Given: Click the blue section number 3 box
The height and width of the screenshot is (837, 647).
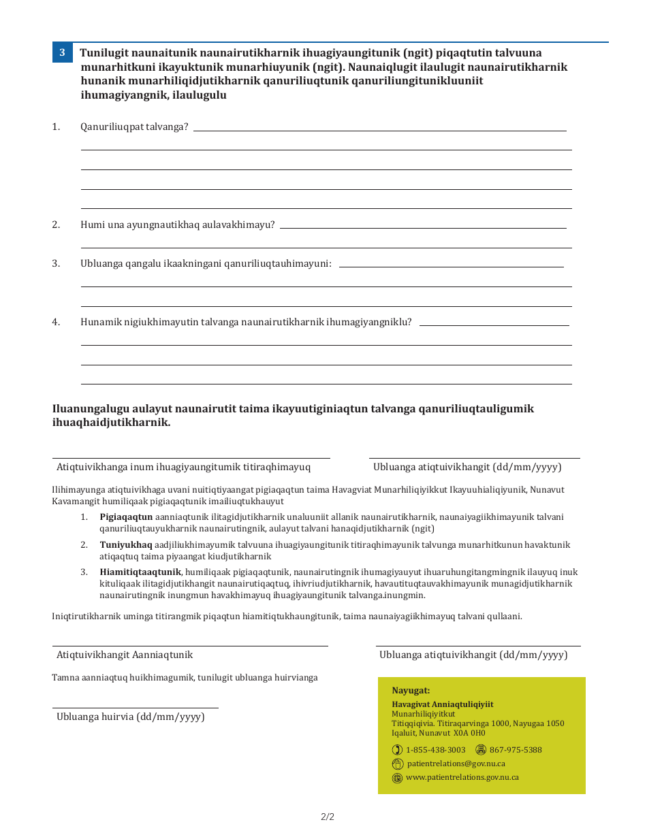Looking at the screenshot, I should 62,52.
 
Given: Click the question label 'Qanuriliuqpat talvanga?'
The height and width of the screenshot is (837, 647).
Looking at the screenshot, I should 134,127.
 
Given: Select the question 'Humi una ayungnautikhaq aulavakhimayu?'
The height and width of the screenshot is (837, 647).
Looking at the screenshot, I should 177,225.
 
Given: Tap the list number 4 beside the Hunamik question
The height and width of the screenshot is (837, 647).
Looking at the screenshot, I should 56,322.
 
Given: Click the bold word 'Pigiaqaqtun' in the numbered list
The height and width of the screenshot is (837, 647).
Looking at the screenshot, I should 126,516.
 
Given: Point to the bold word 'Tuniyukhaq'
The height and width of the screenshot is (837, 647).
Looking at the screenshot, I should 125,544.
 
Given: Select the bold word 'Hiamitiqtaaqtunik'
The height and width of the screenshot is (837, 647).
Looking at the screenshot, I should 140,572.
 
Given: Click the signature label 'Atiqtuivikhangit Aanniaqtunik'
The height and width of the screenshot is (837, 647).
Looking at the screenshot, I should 125,655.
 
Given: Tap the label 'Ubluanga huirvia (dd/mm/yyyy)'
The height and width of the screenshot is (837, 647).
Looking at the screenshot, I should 130,717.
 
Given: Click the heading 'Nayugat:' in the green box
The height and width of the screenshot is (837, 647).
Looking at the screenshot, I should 411,691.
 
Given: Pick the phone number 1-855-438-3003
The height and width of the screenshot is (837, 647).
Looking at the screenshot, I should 435,750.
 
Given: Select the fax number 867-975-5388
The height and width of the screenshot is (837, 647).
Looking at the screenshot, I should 516,750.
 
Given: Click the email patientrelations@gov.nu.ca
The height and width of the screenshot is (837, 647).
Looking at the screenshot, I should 456,764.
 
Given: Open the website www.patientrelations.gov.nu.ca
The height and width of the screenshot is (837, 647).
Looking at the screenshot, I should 462,777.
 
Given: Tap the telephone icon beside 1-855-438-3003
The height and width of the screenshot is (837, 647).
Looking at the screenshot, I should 398,750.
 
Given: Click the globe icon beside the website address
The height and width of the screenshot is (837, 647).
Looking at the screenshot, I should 398,778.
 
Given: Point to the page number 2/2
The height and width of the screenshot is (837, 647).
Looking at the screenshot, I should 328,817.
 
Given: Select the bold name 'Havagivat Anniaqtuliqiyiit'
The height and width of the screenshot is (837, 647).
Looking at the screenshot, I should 442,704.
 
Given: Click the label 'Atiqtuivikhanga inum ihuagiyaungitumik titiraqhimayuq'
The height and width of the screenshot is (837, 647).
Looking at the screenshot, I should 183,467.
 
